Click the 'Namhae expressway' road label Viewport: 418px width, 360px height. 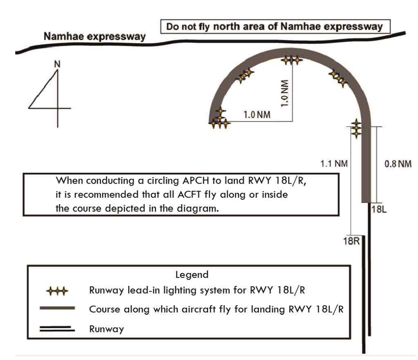pos(95,37)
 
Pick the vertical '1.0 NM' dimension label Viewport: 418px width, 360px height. pos(284,92)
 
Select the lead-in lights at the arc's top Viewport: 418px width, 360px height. pos(291,60)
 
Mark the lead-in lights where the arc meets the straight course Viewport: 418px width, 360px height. pos(356,128)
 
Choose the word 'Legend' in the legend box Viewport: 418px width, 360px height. pos(192,275)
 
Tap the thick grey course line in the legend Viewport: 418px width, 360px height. pos(58,308)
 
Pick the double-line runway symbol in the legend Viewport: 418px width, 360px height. pos(58,328)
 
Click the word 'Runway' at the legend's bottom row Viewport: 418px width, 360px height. pos(107,329)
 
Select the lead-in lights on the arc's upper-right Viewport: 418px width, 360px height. pos(338,78)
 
